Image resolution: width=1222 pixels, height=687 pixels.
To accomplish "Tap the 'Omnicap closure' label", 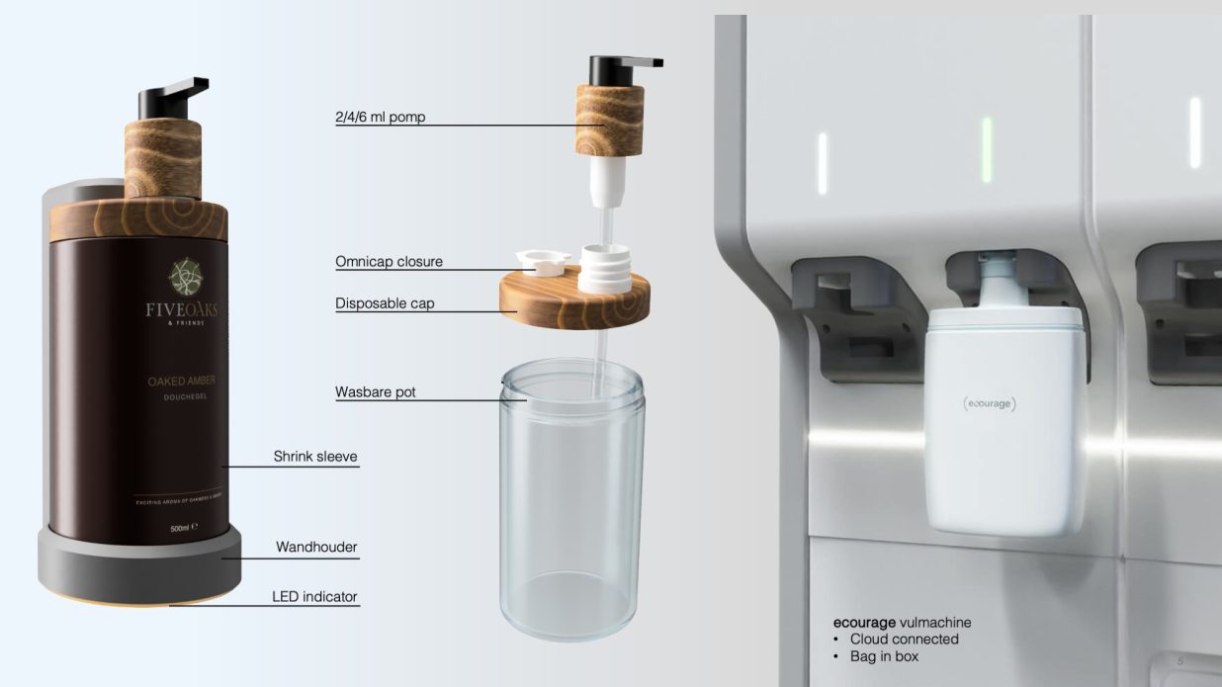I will pyautogui.click(x=389, y=262).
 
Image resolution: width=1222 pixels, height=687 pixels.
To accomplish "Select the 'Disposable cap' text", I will pyautogui.click(x=385, y=303).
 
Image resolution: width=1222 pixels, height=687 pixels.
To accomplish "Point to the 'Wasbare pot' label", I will pyautogui.click(x=376, y=392).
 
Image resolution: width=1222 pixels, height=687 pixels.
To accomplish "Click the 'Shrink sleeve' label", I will pyautogui.click(x=315, y=457).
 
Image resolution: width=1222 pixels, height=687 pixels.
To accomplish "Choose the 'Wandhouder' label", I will pyautogui.click(x=316, y=547).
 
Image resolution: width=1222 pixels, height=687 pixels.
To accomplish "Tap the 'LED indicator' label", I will pyautogui.click(x=314, y=597).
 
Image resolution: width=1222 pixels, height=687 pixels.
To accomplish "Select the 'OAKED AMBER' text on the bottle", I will pyautogui.click(x=180, y=382).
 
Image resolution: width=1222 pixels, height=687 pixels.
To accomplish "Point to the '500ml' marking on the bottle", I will pyautogui.click(x=179, y=529).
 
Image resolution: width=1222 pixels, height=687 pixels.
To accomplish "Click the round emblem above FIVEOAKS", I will pyautogui.click(x=181, y=276).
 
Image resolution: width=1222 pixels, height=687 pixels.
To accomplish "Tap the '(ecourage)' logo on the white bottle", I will pyautogui.click(x=989, y=403).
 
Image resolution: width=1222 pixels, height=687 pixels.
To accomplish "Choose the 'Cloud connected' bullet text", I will pyautogui.click(x=904, y=640).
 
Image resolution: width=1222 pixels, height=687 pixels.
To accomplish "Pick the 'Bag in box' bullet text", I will pyautogui.click(x=884, y=656).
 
